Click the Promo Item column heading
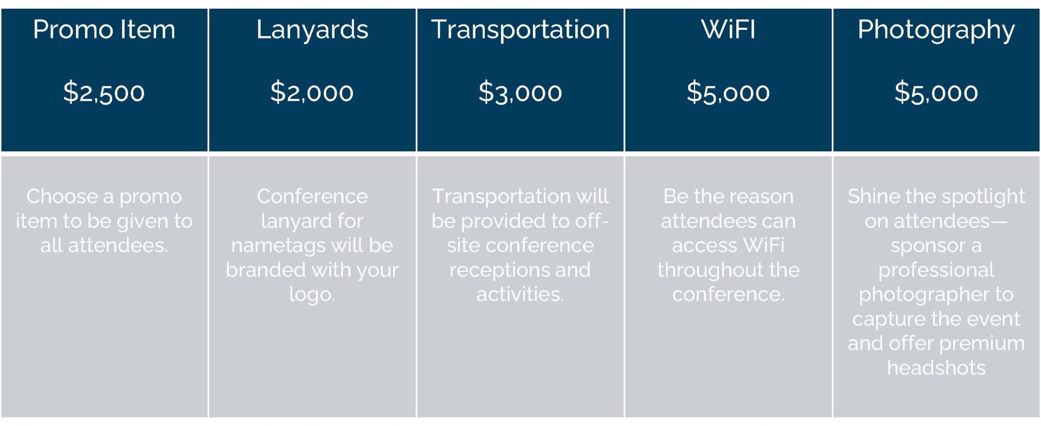coord(104,29)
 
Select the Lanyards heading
coord(312,30)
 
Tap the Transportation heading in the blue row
coord(520,30)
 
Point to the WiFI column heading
coord(728,29)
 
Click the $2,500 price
coord(104,92)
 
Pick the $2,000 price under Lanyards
coord(312,92)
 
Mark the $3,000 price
coord(520,92)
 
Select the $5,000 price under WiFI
coord(728,92)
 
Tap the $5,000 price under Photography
coord(936,92)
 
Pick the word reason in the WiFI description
coord(764,197)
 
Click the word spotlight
coord(977,197)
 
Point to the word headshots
coord(936,368)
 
